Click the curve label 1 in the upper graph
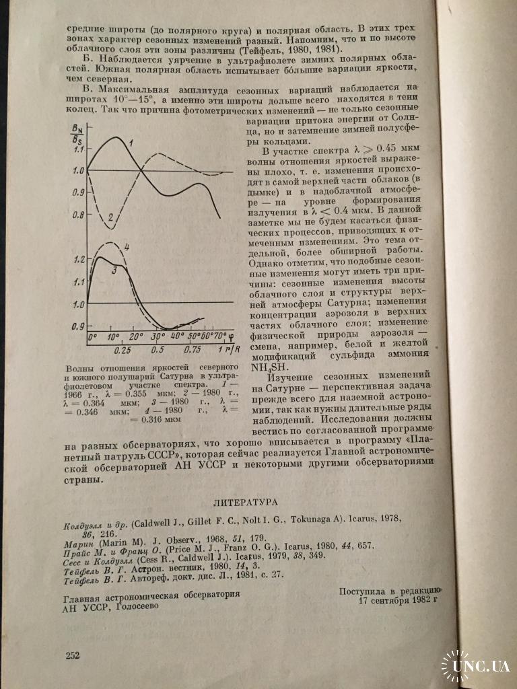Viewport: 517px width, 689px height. (131, 142)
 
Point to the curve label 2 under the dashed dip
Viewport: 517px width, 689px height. (110, 217)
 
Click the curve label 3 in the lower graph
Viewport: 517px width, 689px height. (114, 270)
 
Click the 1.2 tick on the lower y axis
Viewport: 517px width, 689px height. (80, 260)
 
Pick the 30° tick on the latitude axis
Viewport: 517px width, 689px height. (158, 336)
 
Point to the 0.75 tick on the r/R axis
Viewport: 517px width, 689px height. (192, 351)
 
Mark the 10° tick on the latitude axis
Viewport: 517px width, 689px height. (113, 336)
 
